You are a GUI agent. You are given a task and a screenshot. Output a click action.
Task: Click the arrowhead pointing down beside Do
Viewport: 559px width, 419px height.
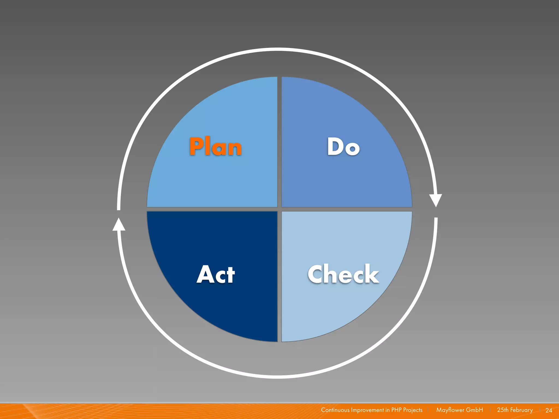(x=436, y=200)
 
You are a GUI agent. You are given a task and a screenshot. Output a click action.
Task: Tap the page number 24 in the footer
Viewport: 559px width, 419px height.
(x=549, y=410)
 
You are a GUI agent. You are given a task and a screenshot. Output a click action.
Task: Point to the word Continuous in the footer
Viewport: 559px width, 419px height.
(x=335, y=410)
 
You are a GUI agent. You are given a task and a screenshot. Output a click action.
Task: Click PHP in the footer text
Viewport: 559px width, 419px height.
(x=396, y=410)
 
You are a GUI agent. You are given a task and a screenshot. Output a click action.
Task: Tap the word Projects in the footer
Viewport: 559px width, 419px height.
(x=413, y=410)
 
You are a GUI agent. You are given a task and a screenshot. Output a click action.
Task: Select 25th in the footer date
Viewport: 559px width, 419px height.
(x=502, y=410)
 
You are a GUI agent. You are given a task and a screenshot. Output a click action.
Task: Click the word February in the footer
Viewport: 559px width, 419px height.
(x=521, y=410)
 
